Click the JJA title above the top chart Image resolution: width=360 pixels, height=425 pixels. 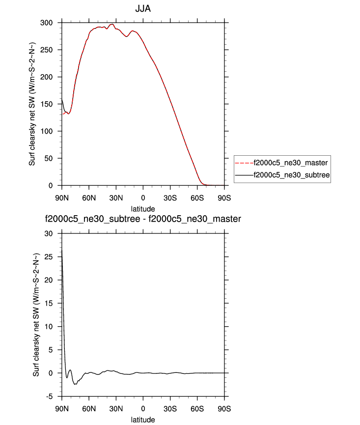click(143, 9)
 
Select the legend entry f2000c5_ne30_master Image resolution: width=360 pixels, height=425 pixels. click(290, 162)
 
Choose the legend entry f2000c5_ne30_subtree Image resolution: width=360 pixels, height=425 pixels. click(290, 174)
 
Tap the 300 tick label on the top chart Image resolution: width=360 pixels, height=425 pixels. click(47, 23)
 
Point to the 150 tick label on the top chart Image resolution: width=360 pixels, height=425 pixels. click(47, 104)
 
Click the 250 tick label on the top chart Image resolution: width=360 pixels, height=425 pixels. click(47, 50)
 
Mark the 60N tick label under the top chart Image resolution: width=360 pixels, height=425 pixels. click(89, 198)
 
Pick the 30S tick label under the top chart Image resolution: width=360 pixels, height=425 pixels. click(170, 198)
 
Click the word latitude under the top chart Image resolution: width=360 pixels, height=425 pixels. click(143, 208)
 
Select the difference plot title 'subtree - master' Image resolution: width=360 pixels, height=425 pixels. click(143, 219)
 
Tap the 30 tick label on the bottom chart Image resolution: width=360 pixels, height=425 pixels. click(49, 233)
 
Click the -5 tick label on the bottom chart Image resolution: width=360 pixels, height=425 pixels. click(49, 397)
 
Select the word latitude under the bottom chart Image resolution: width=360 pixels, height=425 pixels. click(143, 420)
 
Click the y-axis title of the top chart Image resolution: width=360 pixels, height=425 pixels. click(32, 104)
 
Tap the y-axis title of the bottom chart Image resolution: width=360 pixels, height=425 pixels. click(36, 314)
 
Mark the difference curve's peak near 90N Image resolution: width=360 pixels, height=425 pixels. click(62, 251)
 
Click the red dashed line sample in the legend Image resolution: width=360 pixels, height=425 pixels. click(244, 162)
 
